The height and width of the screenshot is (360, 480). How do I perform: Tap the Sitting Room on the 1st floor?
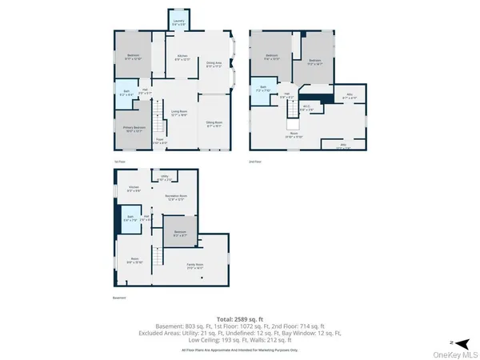coord(214,123)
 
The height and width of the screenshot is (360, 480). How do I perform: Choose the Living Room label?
coord(178,113)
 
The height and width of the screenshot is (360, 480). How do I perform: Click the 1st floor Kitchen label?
coord(182,57)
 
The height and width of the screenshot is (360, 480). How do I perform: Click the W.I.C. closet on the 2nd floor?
coord(305,107)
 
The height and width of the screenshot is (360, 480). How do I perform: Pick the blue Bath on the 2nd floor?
coord(260,90)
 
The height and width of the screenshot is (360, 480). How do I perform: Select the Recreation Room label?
coord(177,197)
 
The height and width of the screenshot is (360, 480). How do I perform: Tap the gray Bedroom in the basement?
coord(180,234)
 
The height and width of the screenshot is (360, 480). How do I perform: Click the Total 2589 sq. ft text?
coord(241,318)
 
